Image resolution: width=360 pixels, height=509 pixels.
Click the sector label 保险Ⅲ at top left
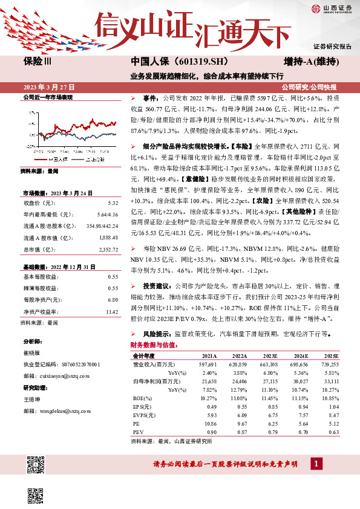(38, 62)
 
